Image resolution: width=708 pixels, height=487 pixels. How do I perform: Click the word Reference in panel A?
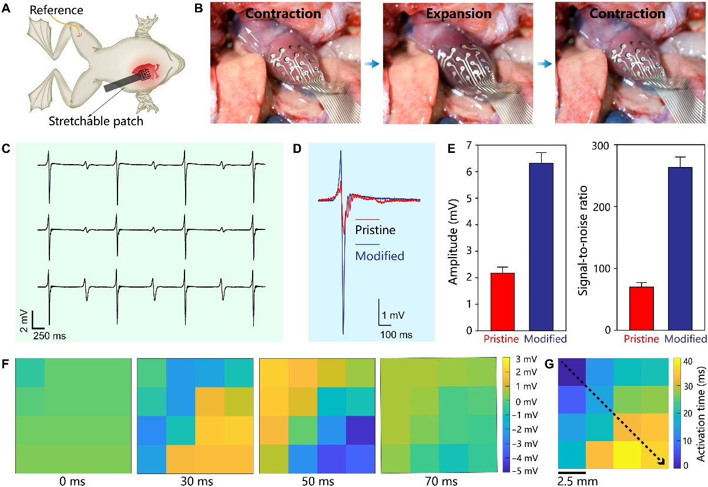pos(56,10)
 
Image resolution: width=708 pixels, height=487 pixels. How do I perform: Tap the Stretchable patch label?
pos(96,121)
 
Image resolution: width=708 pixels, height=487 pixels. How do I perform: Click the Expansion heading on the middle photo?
pos(459,14)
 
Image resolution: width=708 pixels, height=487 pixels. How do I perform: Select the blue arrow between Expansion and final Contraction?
pos(545,64)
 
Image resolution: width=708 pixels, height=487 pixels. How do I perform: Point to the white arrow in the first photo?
pos(252,35)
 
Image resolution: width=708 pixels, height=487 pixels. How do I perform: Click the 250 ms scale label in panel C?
pos(49,336)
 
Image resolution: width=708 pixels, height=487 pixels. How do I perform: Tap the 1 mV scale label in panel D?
pos(393,315)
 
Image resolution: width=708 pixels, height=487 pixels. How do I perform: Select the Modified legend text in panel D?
pos(380,256)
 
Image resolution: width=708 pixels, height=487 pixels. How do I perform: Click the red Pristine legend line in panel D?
pos(367,219)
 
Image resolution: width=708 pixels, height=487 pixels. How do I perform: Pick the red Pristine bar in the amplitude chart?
pos(502,302)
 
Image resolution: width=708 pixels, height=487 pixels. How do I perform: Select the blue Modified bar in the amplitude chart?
pos(541,247)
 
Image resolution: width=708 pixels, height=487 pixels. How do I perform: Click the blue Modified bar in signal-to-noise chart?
pos(680,249)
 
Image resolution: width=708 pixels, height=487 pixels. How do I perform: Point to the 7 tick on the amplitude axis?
pos(468,145)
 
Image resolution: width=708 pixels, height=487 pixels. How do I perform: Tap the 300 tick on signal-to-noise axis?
pos(600,146)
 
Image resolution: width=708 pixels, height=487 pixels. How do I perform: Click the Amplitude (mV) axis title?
pos(453,242)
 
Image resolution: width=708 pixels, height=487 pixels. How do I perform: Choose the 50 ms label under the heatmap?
pos(318,481)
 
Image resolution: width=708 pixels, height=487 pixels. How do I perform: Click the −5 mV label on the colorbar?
pos(525,471)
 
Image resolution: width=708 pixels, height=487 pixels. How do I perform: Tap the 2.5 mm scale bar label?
pos(577,481)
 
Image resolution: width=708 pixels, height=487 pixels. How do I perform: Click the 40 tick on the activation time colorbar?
pos(688,361)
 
